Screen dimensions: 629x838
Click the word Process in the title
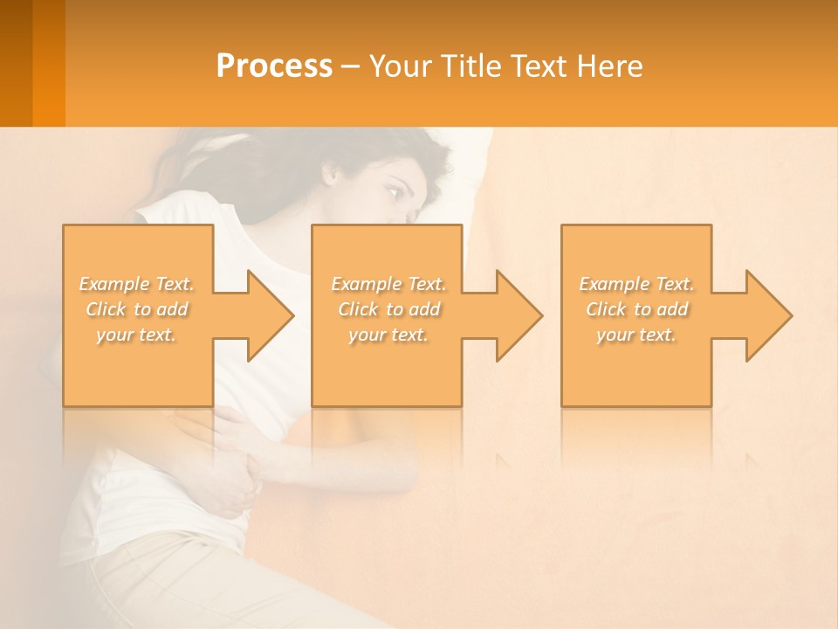(274, 66)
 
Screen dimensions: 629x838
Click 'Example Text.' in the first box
(136, 284)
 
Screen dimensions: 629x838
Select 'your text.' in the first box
(136, 335)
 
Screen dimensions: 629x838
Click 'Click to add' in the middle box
(388, 309)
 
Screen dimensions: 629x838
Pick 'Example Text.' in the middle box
(388, 284)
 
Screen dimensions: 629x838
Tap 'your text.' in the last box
(636, 335)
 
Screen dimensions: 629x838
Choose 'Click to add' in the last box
(636, 309)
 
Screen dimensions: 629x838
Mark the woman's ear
(333, 173)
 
